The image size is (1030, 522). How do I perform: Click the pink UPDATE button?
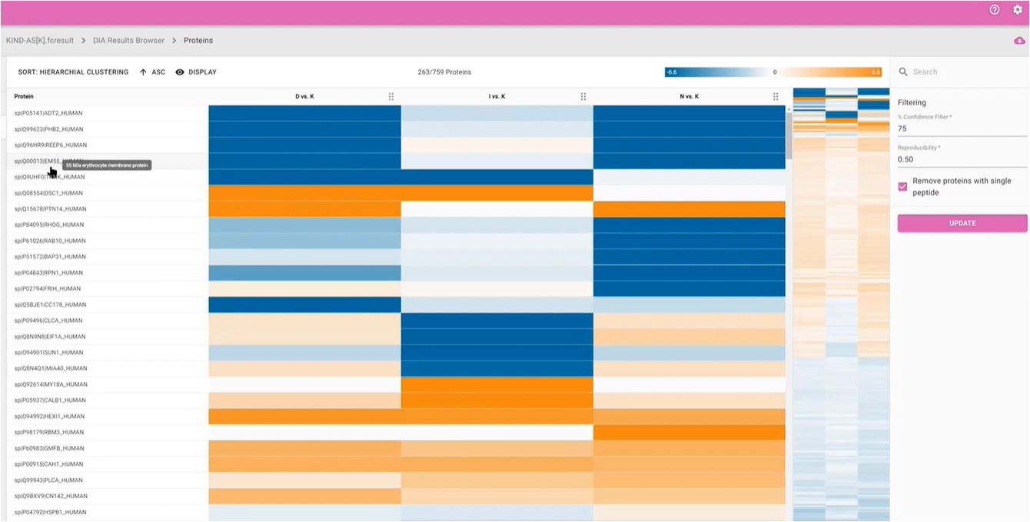pyautogui.click(x=962, y=223)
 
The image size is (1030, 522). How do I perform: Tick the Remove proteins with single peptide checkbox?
pyautogui.click(x=903, y=187)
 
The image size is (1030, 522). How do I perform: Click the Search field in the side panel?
pyautogui.click(x=965, y=71)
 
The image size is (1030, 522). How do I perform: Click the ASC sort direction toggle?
pyautogui.click(x=152, y=72)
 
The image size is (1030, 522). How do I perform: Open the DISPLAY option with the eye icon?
pyautogui.click(x=196, y=72)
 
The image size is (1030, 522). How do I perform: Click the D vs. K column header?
pyautogui.click(x=304, y=97)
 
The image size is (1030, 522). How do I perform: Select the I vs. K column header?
pyautogui.click(x=497, y=97)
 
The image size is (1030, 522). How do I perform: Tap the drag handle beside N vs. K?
pyautogui.click(x=776, y=97)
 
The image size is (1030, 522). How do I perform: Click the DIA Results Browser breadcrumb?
pyautogui.click(x=128, y=40)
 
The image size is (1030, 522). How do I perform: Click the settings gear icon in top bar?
pyautogui.click(x=1017, y=10)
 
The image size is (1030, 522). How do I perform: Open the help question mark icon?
pyautogui.click(x=995, y=10)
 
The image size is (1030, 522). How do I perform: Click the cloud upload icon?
pyautogui.click(x=1019, y=41)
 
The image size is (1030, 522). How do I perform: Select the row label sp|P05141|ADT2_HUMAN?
pyautogui.click(x=48, y=113)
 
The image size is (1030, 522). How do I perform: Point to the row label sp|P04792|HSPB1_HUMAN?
pyautogui.click(x=50, y=512)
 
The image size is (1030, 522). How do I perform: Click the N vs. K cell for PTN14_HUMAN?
pyautogui.click(x=689, y=209)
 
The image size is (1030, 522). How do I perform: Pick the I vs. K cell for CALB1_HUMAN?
pyautogui.click(x=497, y=401)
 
